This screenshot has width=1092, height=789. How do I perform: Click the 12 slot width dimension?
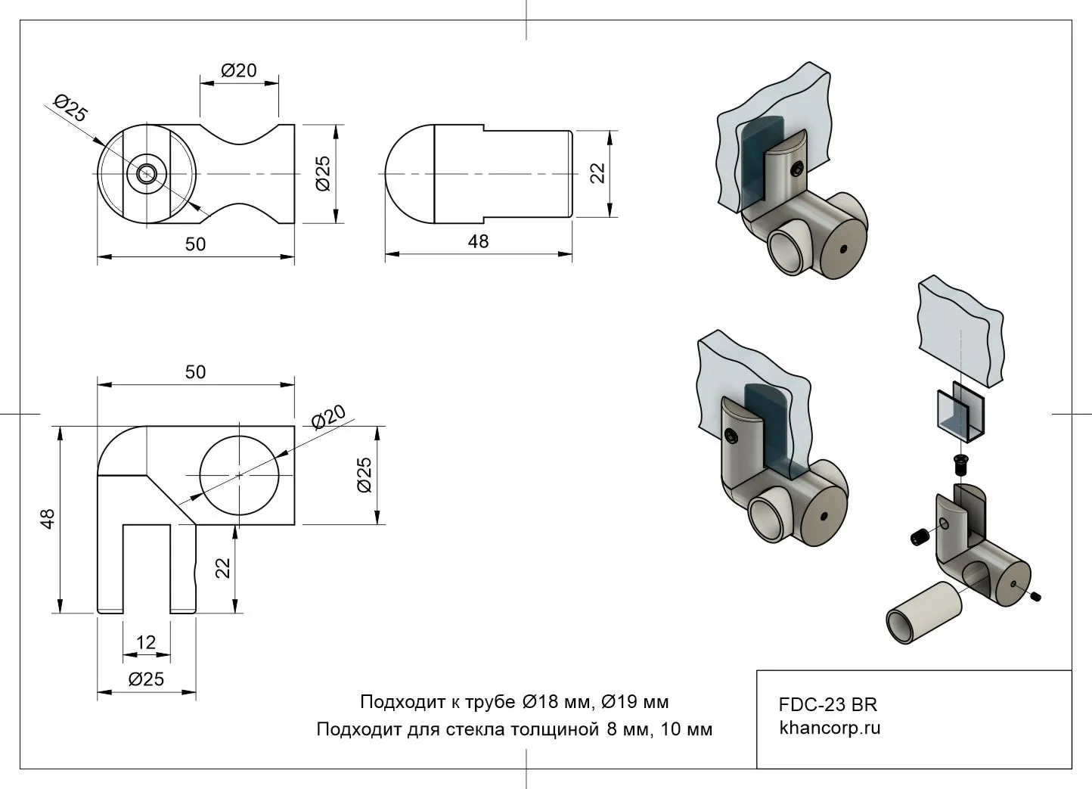tap(146, 642)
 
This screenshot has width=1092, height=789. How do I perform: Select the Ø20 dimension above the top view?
tap(239, 70)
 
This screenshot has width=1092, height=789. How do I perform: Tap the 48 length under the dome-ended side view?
tap(478, 241)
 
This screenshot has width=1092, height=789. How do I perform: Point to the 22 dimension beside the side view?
tap(598, 173)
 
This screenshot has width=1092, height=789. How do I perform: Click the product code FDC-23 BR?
tap(828, 704)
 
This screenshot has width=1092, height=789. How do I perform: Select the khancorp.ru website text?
tap(830, 728)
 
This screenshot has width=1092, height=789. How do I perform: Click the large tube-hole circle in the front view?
tap(239, 475)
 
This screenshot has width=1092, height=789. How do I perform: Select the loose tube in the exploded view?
tap(923, 613)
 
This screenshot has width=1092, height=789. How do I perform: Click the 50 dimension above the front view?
tap(195, 371)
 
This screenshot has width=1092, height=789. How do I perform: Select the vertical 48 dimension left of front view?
tap(47, 519)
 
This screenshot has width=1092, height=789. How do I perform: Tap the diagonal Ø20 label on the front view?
tap(329, 417)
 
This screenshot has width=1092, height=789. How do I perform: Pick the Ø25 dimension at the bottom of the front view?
tap(146, 679)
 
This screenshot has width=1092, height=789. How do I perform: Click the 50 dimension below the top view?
tap(195, 244)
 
